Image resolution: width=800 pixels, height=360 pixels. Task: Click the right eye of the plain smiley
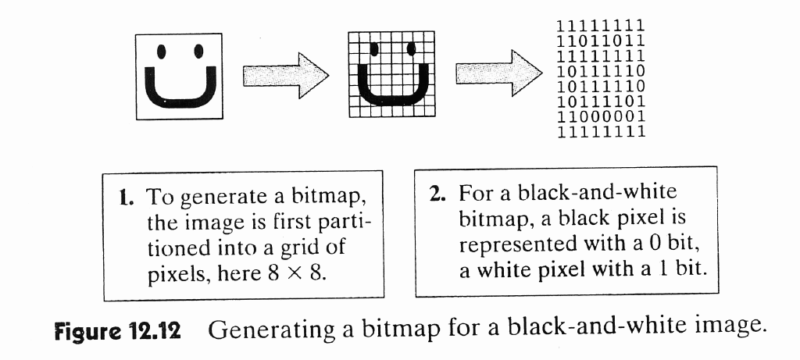pyautogui.click(x=198, y=52)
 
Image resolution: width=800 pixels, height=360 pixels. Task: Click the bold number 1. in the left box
pyautogui.click(x=125, y=197)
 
